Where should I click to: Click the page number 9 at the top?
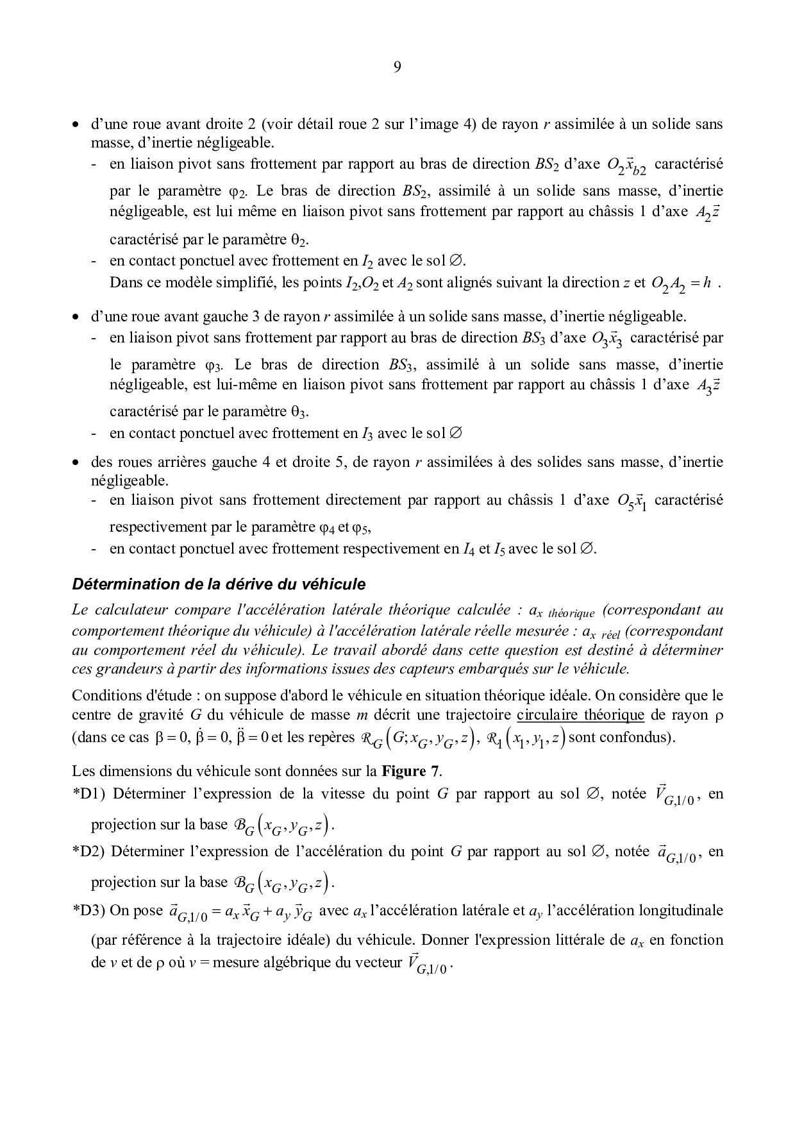[397, 67]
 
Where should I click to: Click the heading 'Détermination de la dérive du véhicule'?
[219, 584]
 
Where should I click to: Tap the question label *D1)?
[90, 794]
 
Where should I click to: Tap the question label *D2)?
[90, 852]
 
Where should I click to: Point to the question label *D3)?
[90, 910]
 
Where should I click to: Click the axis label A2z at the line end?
[709, 213]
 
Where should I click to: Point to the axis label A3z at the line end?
[709, 387]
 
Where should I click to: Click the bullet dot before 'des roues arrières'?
[76, 462]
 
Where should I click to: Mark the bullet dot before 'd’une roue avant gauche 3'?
[76, 317]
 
